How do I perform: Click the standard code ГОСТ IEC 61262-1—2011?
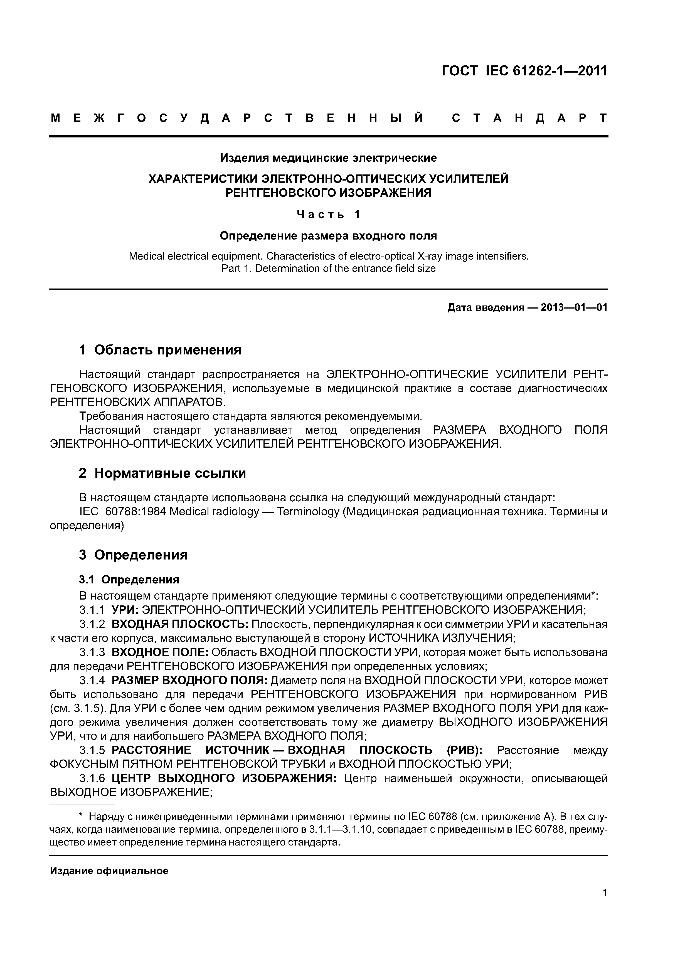click(524, 71)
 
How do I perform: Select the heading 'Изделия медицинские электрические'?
click(328, 158)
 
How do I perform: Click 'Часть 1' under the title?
click(328, 215)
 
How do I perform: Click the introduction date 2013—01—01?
click(574, 307)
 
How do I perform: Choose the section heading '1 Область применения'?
click(160, 350)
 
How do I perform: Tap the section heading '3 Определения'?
click(133, 555)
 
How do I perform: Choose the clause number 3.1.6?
click(92, 778)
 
